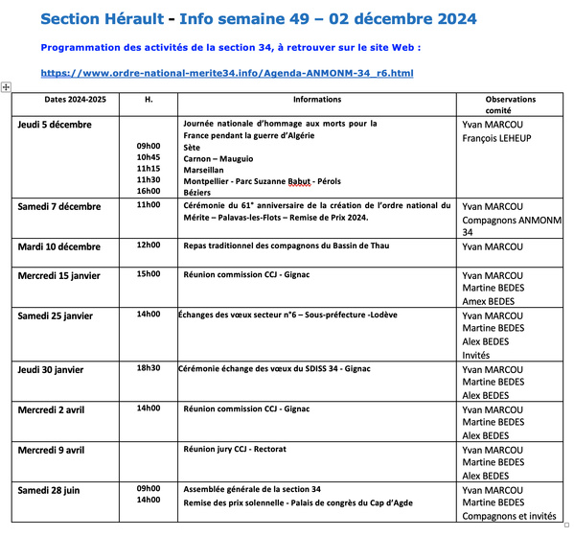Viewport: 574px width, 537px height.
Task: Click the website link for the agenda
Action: click(228, 74)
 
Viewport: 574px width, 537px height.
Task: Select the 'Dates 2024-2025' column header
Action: click(62, 100)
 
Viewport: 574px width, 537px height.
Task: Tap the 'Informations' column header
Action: click(316, 100)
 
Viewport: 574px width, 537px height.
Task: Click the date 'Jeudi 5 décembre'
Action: click(55, 125)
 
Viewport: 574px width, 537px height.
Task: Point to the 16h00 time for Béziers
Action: click(148, 191)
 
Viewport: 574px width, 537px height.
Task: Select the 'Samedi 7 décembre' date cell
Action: click(59, 206)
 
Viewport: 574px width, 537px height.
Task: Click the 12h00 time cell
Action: click(148, 245)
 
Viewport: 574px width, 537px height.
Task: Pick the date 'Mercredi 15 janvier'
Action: click(59, 275)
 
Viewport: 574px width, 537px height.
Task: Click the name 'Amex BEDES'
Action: click(489, 301)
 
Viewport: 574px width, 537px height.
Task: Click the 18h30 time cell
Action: click(148, 368)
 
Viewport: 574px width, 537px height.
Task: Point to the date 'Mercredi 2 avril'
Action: click(52, 409)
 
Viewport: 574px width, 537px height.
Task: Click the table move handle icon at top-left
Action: click(6, 87)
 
